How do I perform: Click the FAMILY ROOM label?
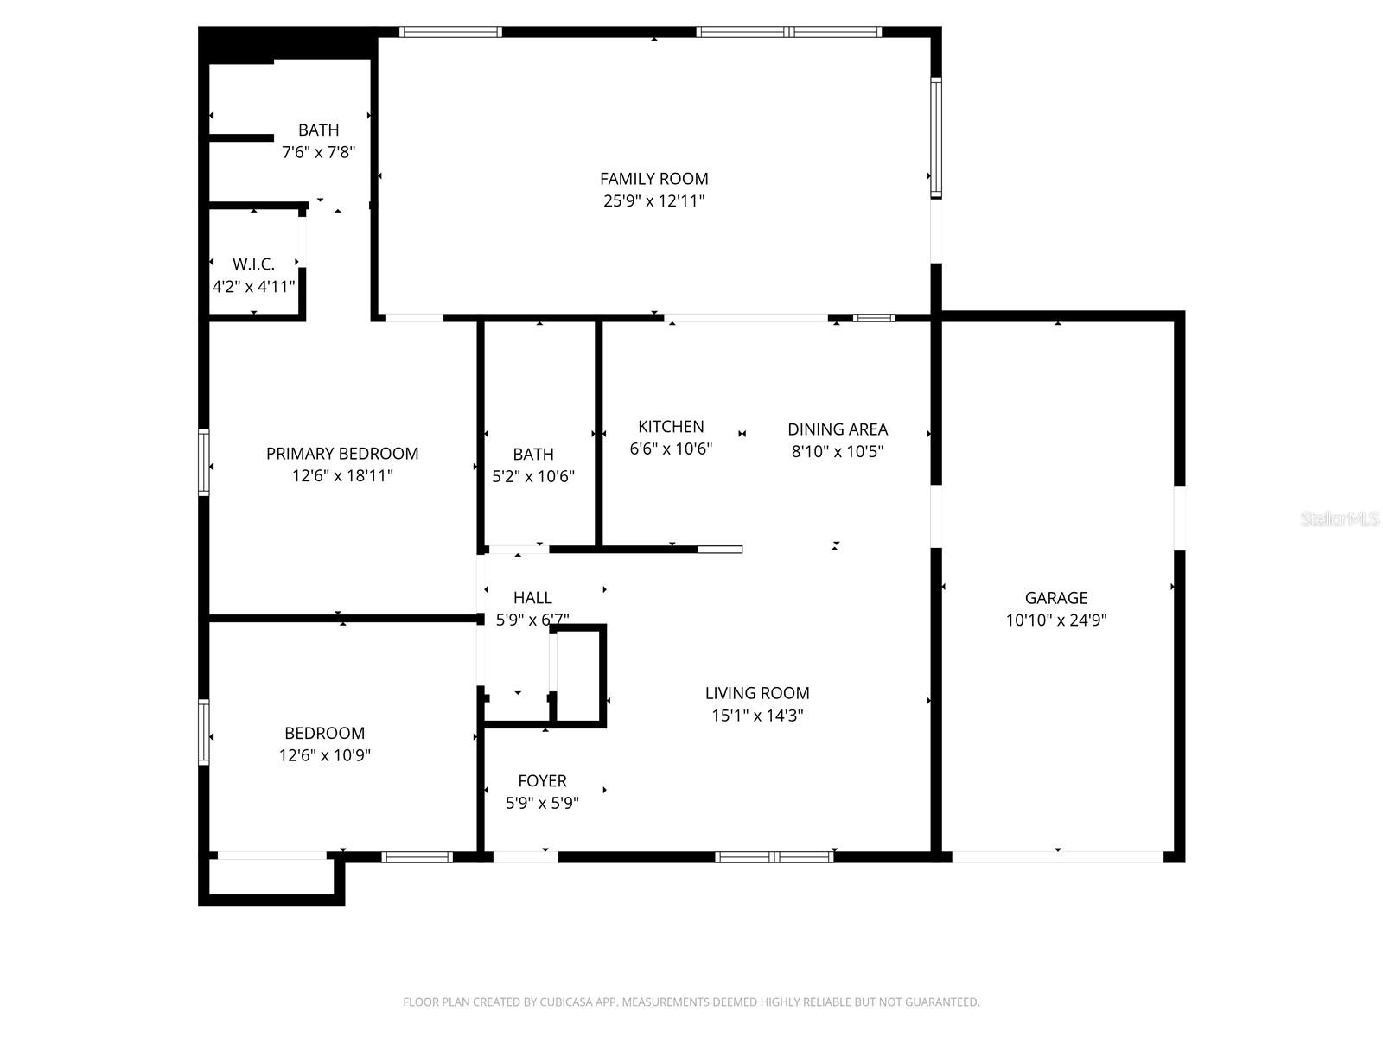tap(653, 179)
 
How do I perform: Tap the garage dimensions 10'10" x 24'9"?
tap(1055, 620)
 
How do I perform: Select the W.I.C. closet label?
tap(253, 264)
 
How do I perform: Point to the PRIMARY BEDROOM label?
tap(342, 454)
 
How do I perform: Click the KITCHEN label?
tap(671, 427)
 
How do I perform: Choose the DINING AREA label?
tap(837, 429)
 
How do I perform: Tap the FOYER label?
tap(542, 781)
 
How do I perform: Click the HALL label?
tap(532, 598)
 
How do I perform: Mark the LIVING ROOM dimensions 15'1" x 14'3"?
tap(757, 716)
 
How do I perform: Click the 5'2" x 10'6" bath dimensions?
tap(532, 476)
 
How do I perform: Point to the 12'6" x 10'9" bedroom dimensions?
tap(324, 755)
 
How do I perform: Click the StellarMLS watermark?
tap(1339, 519)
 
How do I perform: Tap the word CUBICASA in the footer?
tap(566, 1002)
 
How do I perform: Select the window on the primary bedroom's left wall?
tap(204, 462)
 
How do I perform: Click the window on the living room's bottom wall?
tap(774, 857)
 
